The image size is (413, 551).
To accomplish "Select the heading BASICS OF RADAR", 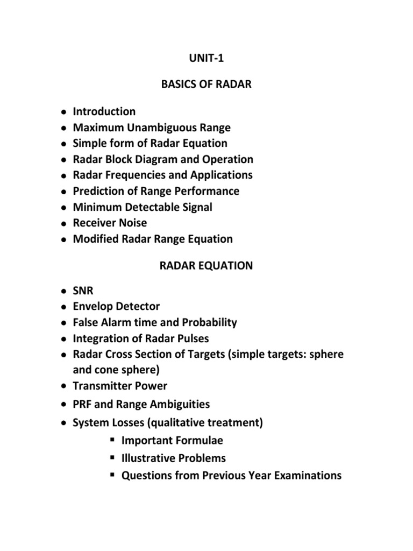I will (x=206, y=84).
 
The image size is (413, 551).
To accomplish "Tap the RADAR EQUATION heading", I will (x=206, y=265).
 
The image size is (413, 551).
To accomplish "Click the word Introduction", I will (x=104, y=112).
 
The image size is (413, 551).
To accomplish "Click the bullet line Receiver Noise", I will (x=110, y=223).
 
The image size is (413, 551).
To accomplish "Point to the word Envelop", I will (x=93, y=307).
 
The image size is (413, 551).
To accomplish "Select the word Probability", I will (x=208, y=322).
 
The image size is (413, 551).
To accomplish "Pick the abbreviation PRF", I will (x=83, y=404).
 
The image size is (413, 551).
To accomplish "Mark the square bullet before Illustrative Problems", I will (x=112, y=458).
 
